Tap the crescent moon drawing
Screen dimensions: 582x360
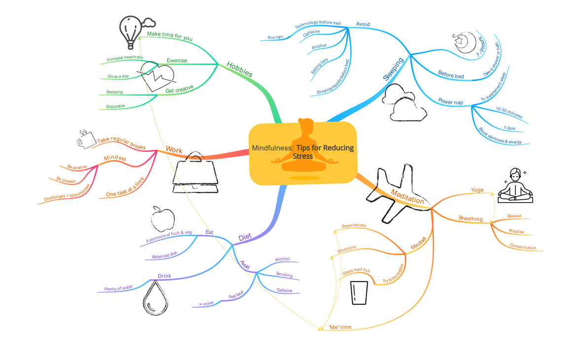[465, 43]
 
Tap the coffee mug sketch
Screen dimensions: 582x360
[86, 140]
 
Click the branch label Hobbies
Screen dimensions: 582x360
[239, 70]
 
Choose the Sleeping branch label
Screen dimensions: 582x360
[393, 69]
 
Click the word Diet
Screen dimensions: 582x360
[245, 237]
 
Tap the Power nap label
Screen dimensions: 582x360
[451, 102]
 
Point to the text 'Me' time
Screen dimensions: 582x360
[340, 327]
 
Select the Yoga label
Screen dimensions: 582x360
[477, 190]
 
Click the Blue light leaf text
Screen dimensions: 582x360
[275, 37]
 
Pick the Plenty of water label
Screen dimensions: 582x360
[118, 288]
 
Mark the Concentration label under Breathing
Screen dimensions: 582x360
[523, 247]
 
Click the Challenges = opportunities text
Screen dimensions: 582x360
[67, 193]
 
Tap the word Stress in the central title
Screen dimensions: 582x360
[303, 156]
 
